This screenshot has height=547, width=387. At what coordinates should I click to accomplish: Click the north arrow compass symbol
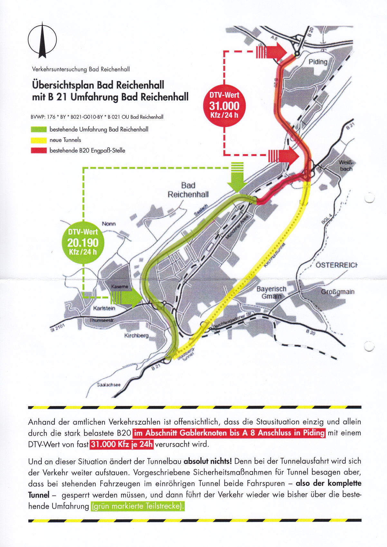42,40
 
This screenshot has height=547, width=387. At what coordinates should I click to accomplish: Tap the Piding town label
318,62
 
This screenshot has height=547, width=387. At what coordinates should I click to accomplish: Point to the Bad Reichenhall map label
188,190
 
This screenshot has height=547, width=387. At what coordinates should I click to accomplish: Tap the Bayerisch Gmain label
271,292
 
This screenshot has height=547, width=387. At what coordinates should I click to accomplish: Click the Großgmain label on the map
338,292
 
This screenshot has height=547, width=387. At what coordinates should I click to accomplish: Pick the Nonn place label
109,224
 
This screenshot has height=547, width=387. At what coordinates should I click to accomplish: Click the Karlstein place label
104,308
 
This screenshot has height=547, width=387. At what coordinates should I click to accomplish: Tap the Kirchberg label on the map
137,336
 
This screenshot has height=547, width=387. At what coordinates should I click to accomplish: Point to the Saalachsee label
109,385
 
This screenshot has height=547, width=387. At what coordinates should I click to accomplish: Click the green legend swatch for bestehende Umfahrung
39,130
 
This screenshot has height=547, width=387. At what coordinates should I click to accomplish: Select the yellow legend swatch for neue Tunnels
39,140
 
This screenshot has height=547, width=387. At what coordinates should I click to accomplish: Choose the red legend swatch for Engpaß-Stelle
39,151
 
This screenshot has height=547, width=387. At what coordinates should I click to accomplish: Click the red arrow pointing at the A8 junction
272,51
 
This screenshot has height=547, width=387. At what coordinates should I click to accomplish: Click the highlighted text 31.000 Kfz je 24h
122,445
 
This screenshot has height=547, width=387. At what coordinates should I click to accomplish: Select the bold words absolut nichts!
207,461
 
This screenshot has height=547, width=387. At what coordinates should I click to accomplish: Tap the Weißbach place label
346,166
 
